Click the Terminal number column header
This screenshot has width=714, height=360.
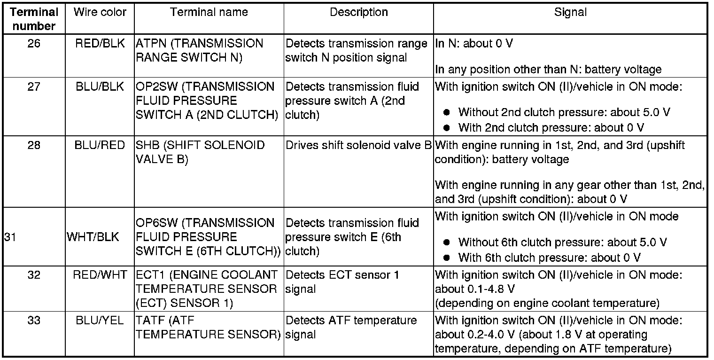[34, 19]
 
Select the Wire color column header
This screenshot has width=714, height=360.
[100, 13]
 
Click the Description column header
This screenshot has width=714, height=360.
[358, 13]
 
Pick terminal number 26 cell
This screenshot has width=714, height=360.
[34, 44]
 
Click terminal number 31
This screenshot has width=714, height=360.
[10, 237]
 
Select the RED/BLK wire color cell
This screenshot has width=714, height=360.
[100, 44]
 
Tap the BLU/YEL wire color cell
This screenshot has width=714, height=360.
[100, 321]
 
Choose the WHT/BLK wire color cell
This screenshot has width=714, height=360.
[93, 237]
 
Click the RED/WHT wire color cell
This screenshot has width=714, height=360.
[100, 275]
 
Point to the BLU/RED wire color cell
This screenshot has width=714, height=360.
[100, 145]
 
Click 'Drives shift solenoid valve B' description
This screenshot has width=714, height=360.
[358, 145]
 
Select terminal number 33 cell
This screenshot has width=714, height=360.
[34, 321]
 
